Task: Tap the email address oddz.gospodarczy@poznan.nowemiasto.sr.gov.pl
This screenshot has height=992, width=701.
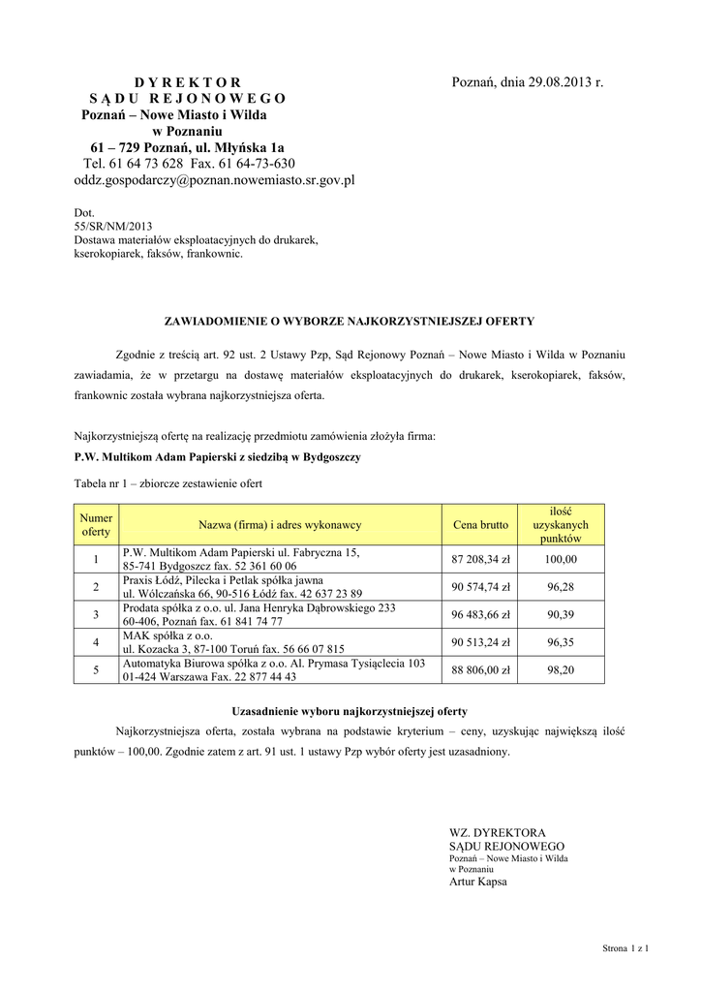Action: (x=214, y=179)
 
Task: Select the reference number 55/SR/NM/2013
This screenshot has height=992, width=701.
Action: (x=107, y=225)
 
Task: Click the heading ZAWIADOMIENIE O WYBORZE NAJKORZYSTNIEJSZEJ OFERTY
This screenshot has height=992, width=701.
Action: (x=350, y=319)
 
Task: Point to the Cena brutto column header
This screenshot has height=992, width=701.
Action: (x=480, y=524)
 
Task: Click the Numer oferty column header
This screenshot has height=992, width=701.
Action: (x=96, y=524)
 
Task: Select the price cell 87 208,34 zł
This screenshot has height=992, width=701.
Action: (x=480, y=559)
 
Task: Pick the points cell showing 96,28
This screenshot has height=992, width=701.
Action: (x=561, y=586)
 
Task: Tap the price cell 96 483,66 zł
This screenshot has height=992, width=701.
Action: (x=480, y=613)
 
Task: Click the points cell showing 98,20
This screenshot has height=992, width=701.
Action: (x=561, y=668)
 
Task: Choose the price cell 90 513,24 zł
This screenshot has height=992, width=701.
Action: (x=480, y=640)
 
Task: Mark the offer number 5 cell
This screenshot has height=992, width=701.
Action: (x=96, y=668)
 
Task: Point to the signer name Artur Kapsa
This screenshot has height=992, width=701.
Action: (x=478, y=882)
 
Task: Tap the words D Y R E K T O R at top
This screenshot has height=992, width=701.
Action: (x=187, y=82)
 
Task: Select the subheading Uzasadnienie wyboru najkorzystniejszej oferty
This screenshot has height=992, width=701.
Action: (x=350, y=710)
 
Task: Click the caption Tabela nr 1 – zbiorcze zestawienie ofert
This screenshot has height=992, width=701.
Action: (x=168, y=482)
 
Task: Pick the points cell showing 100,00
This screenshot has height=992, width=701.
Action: (x=561, y=559)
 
